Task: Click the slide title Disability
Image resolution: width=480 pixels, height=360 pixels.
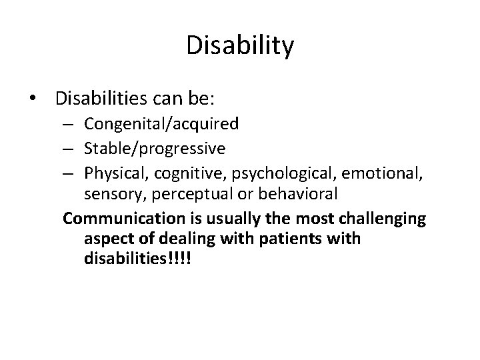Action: pos(240,46)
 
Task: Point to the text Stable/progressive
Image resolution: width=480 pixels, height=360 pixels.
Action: pos(155,147)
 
